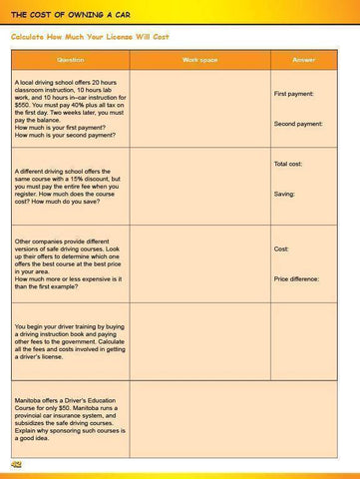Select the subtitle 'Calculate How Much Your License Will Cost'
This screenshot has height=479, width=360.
point(90,37)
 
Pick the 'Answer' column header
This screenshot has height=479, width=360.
point(304,60)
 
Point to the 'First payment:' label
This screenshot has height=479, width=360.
point(294,93)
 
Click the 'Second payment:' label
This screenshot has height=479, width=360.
point(297,124)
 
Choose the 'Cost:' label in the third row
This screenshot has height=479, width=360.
point(281,248)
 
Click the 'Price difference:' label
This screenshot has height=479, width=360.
point(296,279)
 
